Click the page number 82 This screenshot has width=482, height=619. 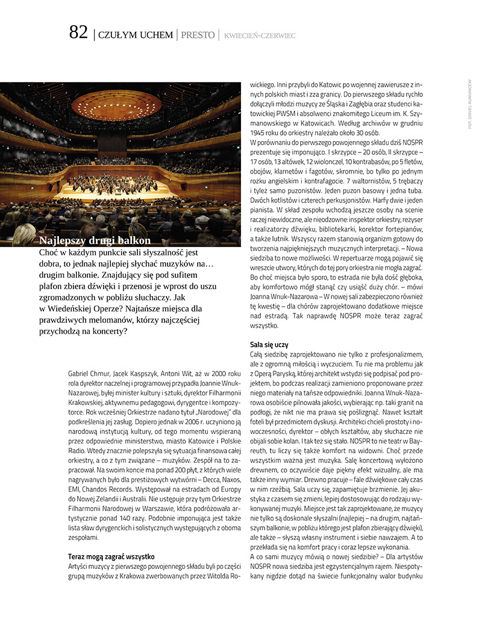click(78, 33)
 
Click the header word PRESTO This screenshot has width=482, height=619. click(198, 36)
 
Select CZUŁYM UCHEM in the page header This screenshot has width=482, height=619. click(135, 36)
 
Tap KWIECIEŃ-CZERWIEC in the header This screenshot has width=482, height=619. click(260, 36)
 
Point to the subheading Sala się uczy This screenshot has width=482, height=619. click(269, 345)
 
